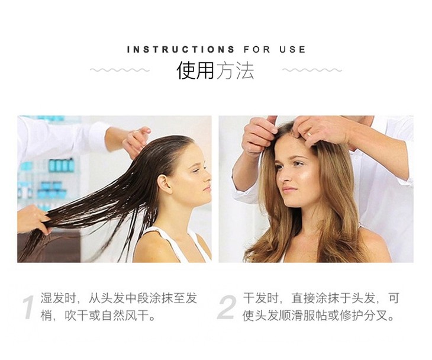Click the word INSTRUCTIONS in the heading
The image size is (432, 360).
point(180,50)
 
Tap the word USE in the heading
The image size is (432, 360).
point(292,50)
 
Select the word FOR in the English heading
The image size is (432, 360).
point(257,50)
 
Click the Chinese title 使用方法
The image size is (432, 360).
point(215,70)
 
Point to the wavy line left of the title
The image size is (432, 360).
point(120,70)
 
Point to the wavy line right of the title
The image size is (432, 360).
point(312,70)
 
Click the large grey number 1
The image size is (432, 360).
point(28,307)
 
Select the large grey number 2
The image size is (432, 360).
point(227,307)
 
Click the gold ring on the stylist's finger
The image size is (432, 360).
point(310,134)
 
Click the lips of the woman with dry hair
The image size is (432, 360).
point(288,190)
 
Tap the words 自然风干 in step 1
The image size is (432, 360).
point(125,316)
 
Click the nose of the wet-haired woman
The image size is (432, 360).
point(207,176)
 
